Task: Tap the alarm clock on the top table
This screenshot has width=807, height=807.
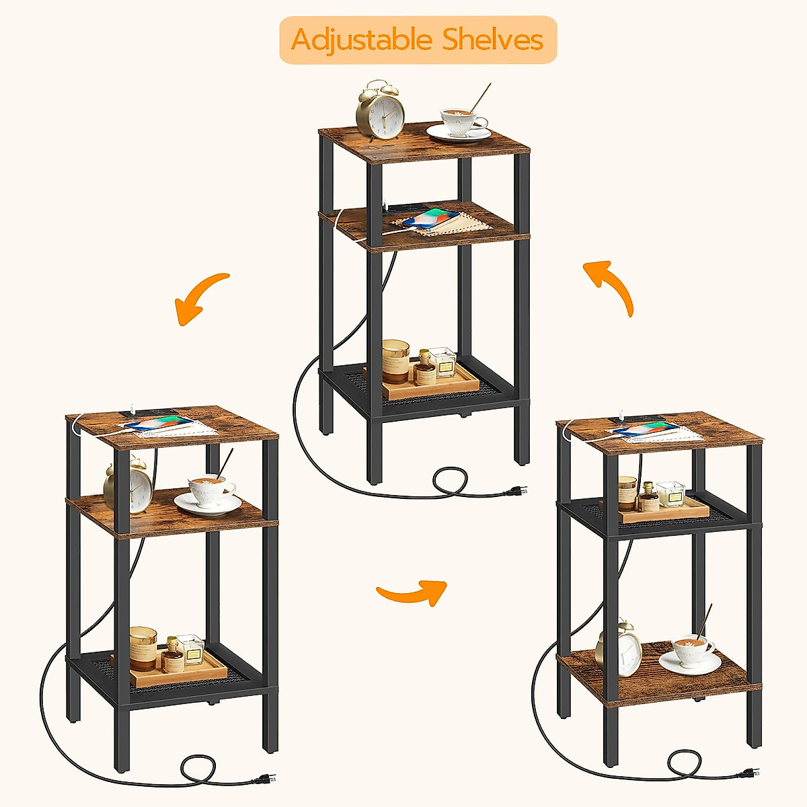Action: (x=381, y=111)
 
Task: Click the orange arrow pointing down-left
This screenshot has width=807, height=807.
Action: (x=200, y=298)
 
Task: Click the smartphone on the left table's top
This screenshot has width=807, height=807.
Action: (x=158, y=423)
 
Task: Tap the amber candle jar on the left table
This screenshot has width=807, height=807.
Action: (x=143, y=648)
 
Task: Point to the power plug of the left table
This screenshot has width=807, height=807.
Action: (x=263, y=779)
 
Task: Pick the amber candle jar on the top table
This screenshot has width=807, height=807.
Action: (x=395, y=360)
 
